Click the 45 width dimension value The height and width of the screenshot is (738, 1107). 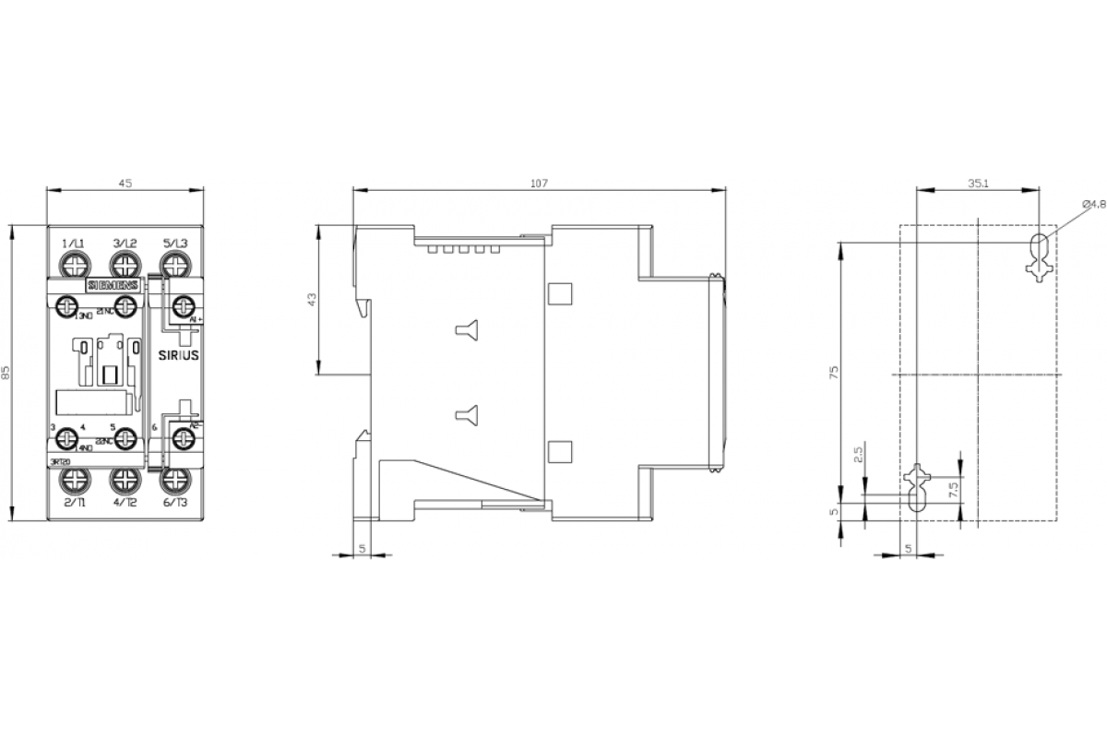pos(125,184)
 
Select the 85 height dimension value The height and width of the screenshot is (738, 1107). pos(6,373)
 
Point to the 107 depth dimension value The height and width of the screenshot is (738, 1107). pos(539,184)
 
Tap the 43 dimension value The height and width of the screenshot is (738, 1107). pos(311,301)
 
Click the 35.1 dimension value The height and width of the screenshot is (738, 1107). pos(979,184)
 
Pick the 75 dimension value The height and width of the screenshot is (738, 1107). pos(835,371)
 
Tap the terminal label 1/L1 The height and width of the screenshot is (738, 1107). pos(74,243)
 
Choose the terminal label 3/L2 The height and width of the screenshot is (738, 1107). pos(125,243)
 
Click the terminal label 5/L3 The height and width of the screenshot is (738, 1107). pos(175,243)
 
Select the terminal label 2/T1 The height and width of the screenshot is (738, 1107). pos(75,503)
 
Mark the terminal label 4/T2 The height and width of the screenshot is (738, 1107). pos(125,503)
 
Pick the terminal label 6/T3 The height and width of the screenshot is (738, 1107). pos(175,503)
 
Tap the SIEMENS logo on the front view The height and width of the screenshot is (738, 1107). pos(113,286)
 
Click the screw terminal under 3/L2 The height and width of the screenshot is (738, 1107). pos(124,266)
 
